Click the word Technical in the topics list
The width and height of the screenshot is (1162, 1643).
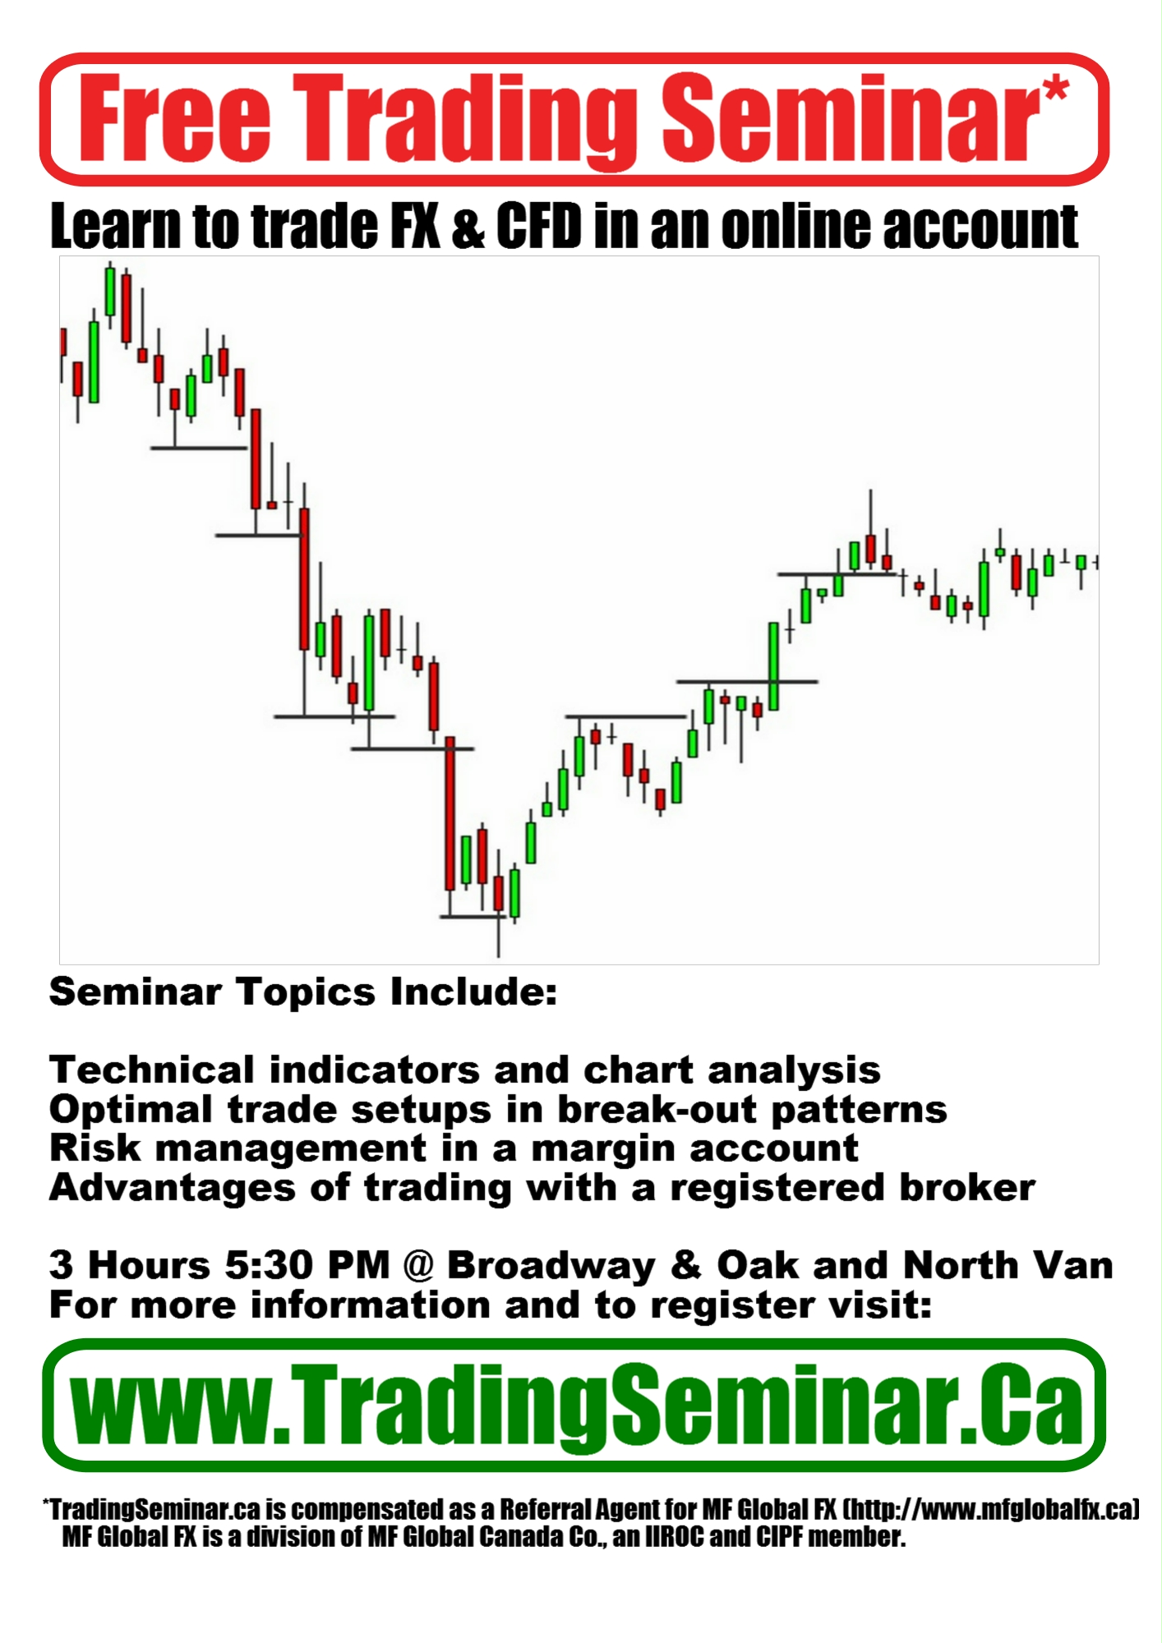[x=152, y=1070]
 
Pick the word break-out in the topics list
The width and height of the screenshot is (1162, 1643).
[x=657, y=1109]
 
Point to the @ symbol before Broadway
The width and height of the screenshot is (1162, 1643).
[x=418, y=1266]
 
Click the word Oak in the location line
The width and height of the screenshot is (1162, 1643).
[x=757, y=1265]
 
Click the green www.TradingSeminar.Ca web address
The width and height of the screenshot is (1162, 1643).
[x=576, y=1406]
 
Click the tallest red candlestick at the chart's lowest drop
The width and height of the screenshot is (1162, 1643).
[x=450, y=813]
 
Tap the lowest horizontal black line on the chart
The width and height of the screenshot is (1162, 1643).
[x=473, y=916]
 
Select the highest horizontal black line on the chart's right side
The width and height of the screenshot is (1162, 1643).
[x=836, y=574]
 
